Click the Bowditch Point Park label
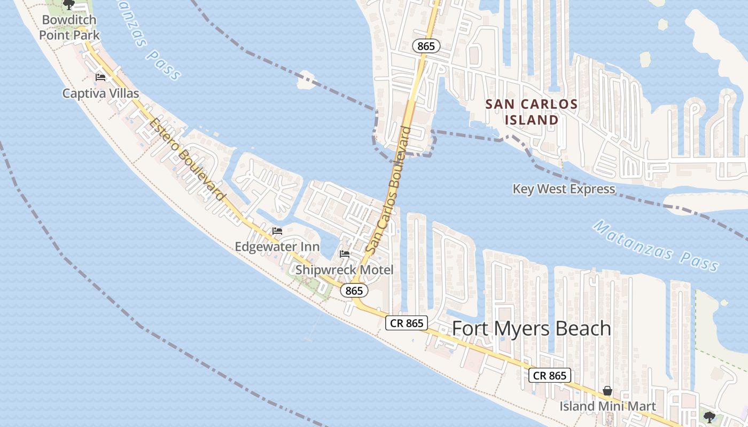coord(69,28)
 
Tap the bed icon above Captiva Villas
coord(100,77)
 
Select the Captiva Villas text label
coord(100,93)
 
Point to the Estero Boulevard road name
coord(186,159)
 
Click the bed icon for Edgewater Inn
coord(277,231)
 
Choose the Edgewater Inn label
coord(277,247)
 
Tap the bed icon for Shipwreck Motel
coord(345,254)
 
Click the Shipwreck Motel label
coord(344,270)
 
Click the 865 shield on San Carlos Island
coord(426,46)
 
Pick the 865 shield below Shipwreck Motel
coord(354,290)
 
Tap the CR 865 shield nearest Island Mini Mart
coord(550,375)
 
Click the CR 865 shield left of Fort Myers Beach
coord(407,323)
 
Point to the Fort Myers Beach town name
coord(532,328)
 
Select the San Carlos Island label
coord(532,112)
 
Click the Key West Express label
coord(564,189)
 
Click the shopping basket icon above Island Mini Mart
coord(607,391)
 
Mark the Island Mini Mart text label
coord(607,406)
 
